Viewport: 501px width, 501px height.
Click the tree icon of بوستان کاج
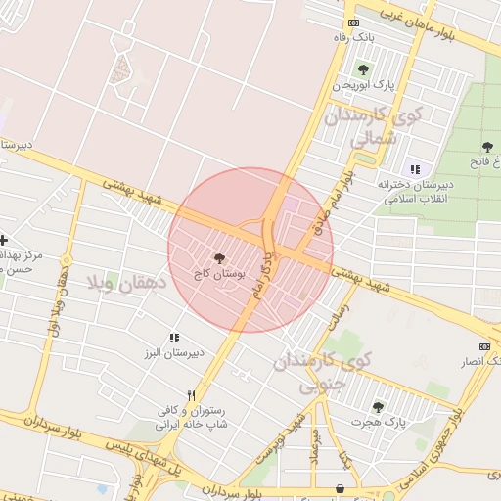[x=217, y=258]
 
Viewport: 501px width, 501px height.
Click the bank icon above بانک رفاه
[x=352, y=23]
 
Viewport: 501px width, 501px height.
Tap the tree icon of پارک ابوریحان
[x=363, y=69]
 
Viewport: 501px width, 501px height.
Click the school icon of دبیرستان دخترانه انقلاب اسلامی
[x=415, y=169]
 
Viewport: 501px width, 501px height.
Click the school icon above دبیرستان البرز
[x=175, y=338]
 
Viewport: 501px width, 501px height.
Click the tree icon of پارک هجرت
[x=378, y=407]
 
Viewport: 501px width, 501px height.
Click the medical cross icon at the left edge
[x=3, y=240]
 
